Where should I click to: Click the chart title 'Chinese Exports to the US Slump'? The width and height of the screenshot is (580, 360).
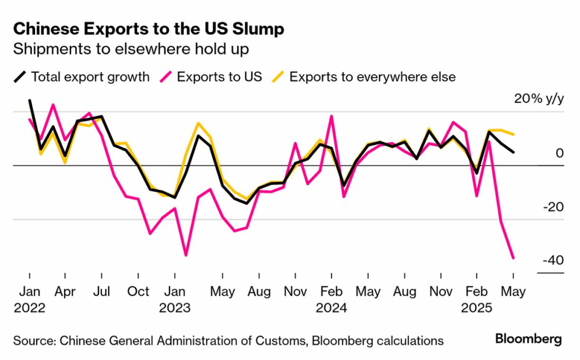coord(148,29)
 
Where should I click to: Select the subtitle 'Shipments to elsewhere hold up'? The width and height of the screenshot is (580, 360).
coord(131,49)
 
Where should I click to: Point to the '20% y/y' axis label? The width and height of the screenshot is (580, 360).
coord(539,99)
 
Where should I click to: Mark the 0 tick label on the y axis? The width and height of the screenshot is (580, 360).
coord(559,153)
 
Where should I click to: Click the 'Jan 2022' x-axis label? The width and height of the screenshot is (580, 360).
coord(29,299)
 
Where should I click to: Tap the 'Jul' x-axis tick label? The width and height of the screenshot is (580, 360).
coord(102,292)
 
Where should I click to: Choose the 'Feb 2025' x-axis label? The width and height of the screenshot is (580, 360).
coord(477,299)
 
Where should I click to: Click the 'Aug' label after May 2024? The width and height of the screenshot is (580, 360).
coord(404,292)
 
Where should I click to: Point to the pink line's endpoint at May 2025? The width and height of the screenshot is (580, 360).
coord(513,258)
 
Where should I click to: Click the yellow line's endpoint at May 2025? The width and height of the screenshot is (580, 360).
coord(513,135)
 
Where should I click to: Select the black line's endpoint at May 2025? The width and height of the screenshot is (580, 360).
coord(513,152)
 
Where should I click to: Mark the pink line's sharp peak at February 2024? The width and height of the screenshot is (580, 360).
coord(331,116)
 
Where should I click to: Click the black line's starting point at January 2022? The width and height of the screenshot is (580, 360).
coord(29,101)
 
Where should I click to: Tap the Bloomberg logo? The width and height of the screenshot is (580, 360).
coord(528,339)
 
